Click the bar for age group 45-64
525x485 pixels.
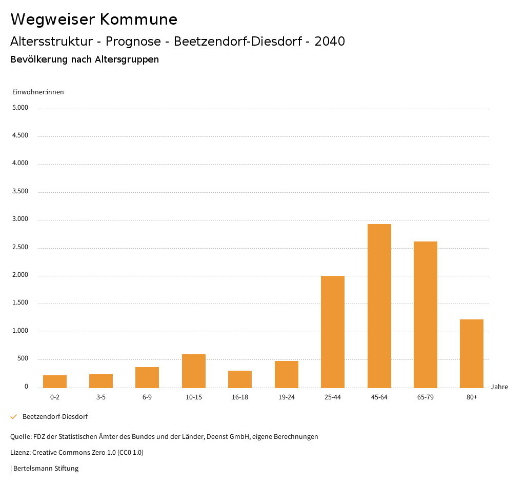tap(379, 306)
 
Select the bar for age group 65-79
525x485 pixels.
tap(426, 314)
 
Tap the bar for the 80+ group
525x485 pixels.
tap(472, 353)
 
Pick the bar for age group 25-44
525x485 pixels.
tap(333, 332)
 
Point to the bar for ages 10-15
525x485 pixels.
tap(194, 371)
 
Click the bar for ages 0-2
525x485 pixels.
tap(55, 381)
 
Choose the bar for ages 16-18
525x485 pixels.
tap(240, 379)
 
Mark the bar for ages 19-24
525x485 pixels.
tap(287, 374)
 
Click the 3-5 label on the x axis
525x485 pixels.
tap(101, 397)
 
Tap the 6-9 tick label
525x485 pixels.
tap(147, 397)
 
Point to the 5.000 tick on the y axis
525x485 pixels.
tap(20, 108)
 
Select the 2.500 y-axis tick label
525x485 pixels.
tap(20, 248)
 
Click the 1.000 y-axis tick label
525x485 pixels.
tap(20, 331)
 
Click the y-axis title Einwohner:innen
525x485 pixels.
tap(38, 92)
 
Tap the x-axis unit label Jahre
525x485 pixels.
tap(499, 387)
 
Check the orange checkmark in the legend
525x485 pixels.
tap(14, 417)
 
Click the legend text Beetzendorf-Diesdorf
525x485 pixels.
tap(55, 417)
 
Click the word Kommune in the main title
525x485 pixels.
tap(138, 19)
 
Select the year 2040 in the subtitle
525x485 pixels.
tap(330, 42)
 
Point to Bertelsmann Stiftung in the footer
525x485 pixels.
tap(46, 469)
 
